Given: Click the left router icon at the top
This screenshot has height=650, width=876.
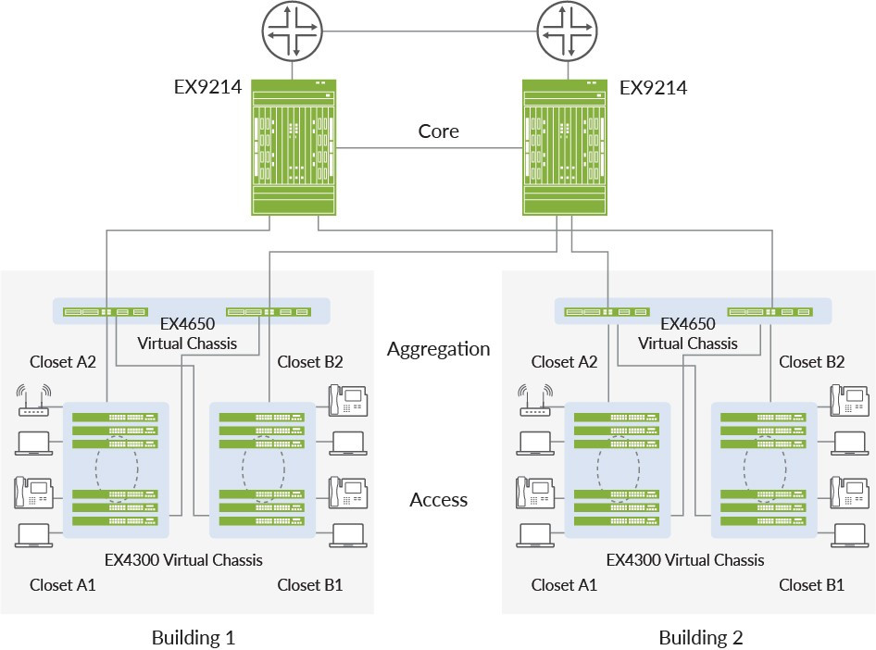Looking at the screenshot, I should pos(294,30).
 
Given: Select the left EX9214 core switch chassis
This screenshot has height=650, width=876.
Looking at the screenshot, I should pos(294,148).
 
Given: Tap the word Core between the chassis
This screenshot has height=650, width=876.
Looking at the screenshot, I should pos(438,131).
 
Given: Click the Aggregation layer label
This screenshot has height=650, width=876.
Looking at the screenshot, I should pos(438,349).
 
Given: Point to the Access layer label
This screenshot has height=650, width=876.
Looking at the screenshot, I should pos(438,500).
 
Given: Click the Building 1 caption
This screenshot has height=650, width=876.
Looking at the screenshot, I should pos(194,638).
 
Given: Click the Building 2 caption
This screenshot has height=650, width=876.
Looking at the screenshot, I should pos(701,638).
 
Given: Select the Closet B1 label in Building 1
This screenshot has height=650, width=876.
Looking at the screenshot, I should pos(310,585).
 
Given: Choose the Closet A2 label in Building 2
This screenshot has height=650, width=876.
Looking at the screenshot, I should pos(565,362).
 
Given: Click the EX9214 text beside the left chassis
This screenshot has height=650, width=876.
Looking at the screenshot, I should pos(208,89).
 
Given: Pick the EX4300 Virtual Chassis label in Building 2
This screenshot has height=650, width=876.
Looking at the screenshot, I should pos(685,560).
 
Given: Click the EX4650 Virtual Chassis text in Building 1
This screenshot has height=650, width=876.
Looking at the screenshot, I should pos(186,334).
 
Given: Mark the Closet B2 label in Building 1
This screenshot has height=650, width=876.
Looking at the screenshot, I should pos(310,362).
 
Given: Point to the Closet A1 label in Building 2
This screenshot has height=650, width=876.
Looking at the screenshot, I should pos(564,585).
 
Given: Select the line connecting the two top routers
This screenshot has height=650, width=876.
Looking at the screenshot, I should pos(428,31).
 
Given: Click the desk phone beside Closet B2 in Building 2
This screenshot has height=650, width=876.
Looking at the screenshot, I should pos(849,400).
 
